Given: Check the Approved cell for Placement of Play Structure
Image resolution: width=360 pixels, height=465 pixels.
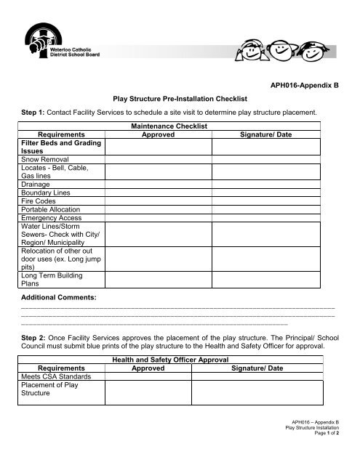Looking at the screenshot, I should coord(158,392).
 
